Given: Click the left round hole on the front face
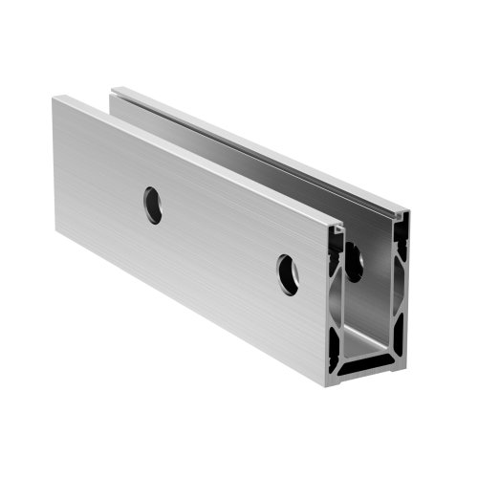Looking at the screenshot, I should tap(153, 205).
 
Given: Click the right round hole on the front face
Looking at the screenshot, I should tap(288, 274).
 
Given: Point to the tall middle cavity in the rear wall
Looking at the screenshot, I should tap(402, 287).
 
